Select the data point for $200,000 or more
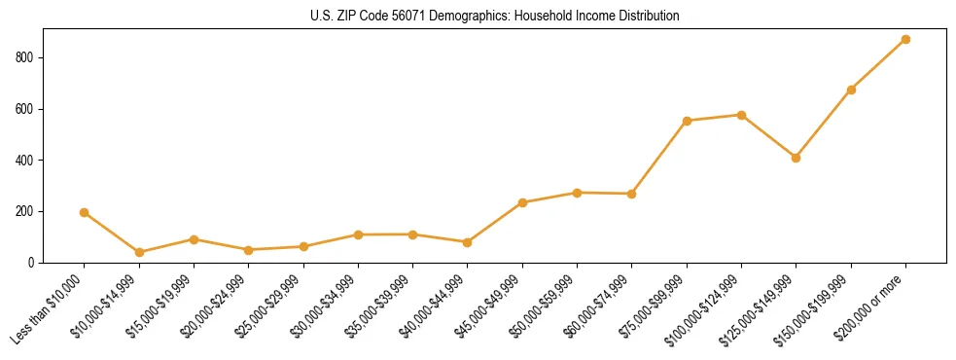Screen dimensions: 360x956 (x=905, y=40)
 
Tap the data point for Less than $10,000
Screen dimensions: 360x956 (x=85, y=212)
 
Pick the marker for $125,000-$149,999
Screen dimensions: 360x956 (x=796, y=158)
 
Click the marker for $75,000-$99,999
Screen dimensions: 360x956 (x=687, y=121)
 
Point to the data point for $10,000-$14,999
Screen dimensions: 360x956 (x=139, y=252)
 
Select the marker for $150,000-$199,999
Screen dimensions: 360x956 (x=851, y=90)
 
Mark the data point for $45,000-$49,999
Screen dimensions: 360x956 (x=522, y=202)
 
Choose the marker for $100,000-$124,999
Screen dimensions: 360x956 (x=741, y=115)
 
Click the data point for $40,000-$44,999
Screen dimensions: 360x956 (x=468, y=242)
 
